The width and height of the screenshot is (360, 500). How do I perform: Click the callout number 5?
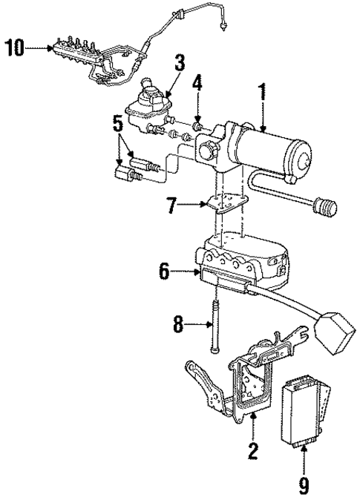click(x=118, y=122)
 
